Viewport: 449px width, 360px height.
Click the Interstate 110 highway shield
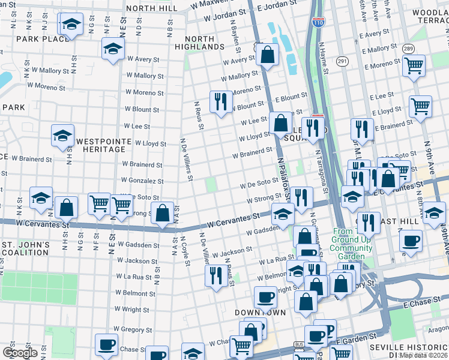pos(318,25)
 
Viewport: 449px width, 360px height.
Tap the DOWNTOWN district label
pos(259,313)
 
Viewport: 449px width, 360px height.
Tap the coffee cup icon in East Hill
pos(411,241)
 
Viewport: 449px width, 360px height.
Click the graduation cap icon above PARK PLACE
pos(71,25)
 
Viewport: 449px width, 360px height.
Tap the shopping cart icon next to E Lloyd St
pos(420,106)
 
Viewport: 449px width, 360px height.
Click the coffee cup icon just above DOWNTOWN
pos(265,296)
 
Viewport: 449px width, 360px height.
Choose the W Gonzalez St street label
pos(142,181)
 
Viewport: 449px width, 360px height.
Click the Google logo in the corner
pos(20,353)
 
